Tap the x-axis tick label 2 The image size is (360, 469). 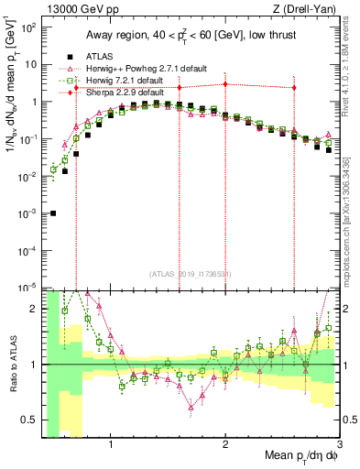225,446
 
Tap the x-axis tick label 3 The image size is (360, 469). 339,446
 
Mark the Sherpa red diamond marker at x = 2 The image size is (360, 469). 225,84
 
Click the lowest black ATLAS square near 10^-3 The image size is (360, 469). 53,213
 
